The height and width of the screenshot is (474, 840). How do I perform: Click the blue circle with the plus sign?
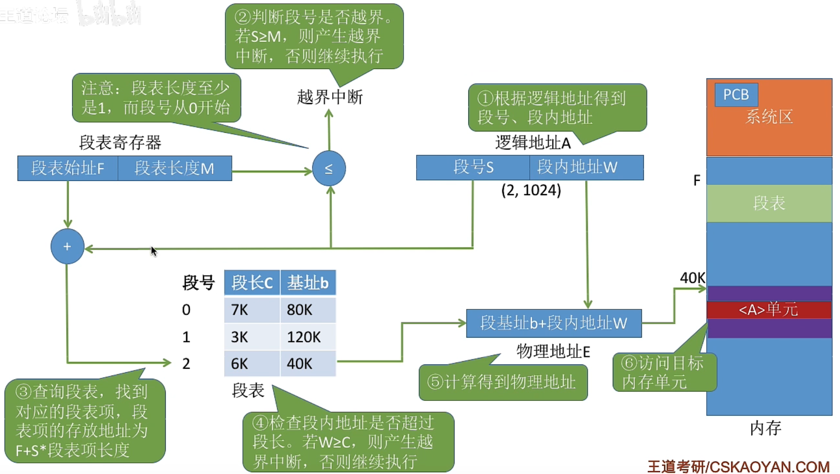(67, 246)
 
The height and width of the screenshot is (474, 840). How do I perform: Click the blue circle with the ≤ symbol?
(329, 168)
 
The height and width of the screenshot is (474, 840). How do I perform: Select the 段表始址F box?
(68, 168)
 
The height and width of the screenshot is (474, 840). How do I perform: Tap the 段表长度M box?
(174, 168)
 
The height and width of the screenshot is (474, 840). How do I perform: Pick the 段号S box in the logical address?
(473, 167)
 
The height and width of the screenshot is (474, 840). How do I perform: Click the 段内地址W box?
(586, 167)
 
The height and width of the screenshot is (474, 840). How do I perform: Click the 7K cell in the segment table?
(252, 310)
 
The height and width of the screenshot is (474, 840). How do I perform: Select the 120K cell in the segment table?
(308, 337)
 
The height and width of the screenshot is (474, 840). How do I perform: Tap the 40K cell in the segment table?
(308, 363)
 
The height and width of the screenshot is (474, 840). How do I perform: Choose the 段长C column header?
(252, 283)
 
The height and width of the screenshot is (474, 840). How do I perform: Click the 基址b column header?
(308, 283)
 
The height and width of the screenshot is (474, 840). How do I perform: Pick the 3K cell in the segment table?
(252, 337)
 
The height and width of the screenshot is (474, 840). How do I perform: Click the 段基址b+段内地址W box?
(554, 323)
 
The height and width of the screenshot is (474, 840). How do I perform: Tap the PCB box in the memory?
(736, 94)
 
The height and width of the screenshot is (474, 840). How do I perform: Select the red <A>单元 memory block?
(769, 309)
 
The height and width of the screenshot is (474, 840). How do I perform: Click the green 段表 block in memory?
(769, 203)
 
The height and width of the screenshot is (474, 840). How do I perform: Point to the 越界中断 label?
(330, 97)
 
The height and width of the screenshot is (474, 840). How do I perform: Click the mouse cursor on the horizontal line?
(154, 251)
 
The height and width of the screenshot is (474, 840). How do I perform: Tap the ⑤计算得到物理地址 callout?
(503, 382)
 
